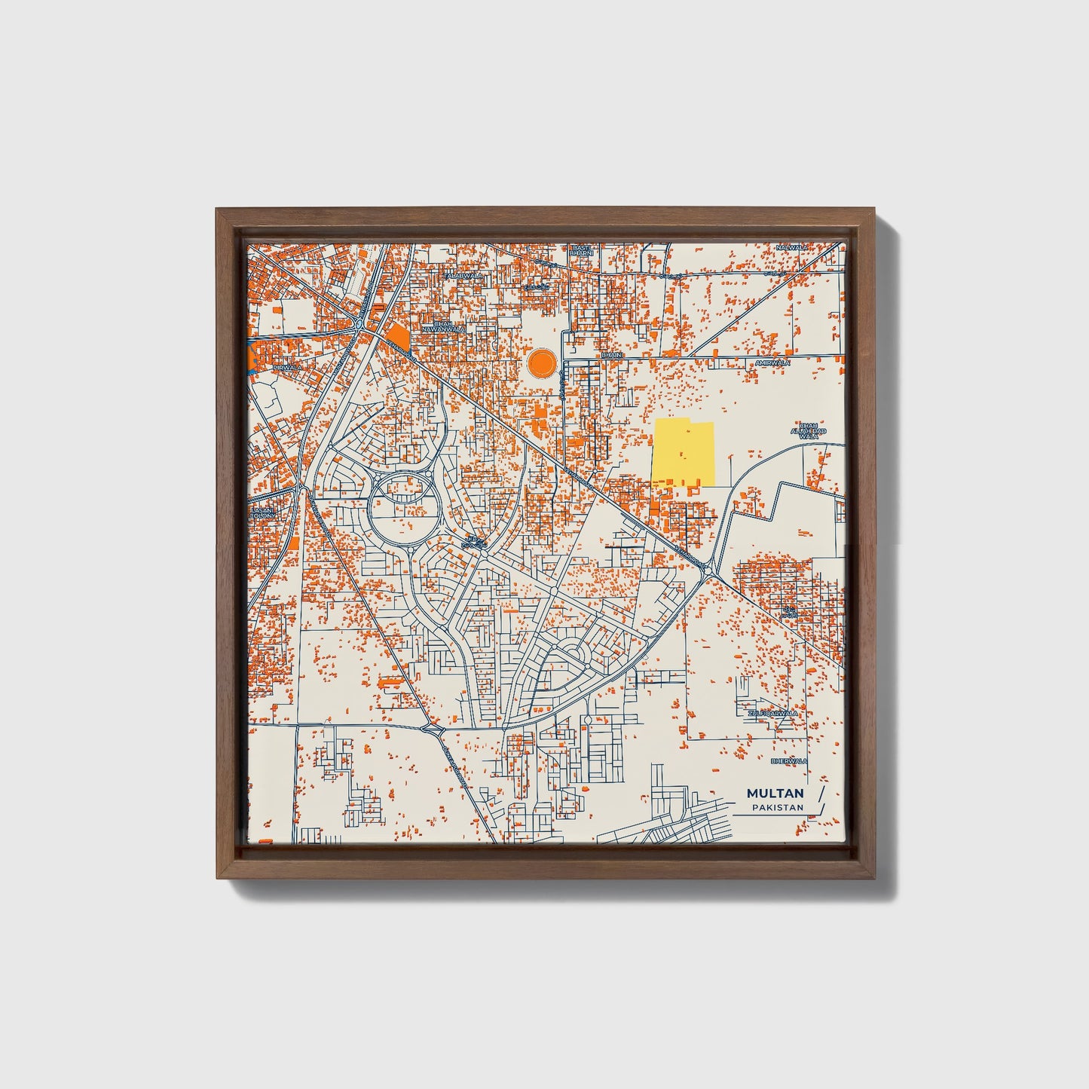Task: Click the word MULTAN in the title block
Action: pyautogui.click(x=775, y=794)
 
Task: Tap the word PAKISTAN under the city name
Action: pyautogui.click(x=777, y=808)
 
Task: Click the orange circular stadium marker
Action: pyautogui.click(x=542, y=363)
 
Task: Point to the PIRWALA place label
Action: pyautogui.click(x=287, y=367)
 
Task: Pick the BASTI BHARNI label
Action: pyautogui.click(x=582, y=250)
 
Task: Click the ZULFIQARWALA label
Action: pyautogui.click(x=772, y=712)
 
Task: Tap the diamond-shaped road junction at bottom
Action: pyautogui.click(x=433, y=729)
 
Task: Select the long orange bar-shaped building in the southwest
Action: pyautogui.click(x=390, y=682)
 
